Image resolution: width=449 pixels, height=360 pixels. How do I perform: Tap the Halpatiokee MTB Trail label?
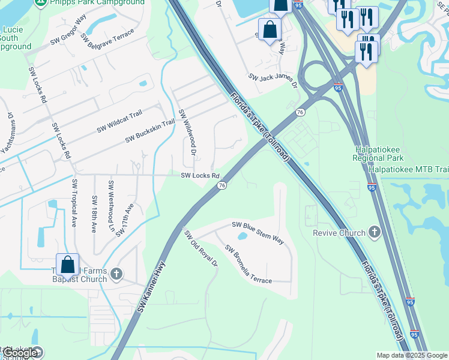pos(408,170)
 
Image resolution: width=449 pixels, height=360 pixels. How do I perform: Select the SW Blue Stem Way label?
pos(258,232)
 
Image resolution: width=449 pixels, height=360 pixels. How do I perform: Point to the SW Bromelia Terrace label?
pos(247,264)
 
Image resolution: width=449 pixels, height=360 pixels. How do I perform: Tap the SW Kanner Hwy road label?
pos(151,287)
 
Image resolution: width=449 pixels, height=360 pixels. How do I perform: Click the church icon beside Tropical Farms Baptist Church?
pos(116,274)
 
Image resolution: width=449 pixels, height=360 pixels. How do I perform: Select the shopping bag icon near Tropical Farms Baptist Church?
pos(67,264)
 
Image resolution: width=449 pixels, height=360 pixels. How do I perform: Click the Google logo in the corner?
pos(20,353)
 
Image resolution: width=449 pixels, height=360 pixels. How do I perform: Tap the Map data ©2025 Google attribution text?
pos(412,355)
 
